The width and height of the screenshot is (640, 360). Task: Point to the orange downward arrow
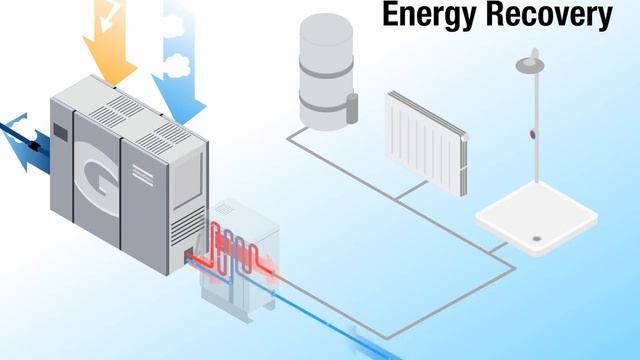[112, 50]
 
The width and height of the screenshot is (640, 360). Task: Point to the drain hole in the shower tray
[538, 239]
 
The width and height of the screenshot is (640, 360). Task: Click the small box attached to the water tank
[352, 107]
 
